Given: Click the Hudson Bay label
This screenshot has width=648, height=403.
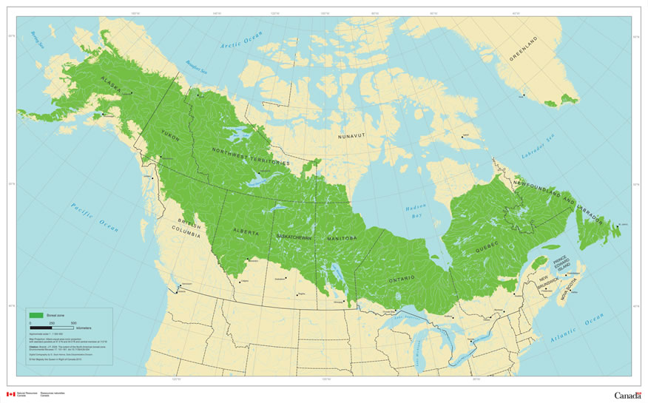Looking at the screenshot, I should tap(416, 214).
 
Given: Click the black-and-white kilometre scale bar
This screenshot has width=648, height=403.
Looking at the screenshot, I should tap(52, 328).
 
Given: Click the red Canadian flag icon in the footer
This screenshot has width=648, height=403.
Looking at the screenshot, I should tap(10, 395).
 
